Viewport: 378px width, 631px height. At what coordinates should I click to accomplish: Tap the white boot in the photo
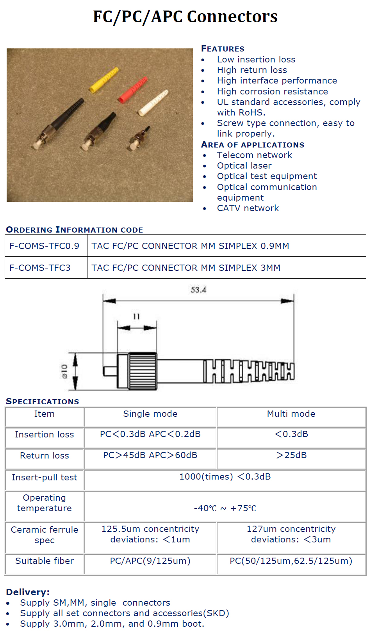click(153, 103)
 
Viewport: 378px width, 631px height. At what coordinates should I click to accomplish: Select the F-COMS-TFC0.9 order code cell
click(45, 246)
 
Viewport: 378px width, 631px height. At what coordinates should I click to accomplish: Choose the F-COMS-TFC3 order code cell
click(40, 268)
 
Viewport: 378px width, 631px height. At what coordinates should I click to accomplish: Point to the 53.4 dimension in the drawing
click(198, 290)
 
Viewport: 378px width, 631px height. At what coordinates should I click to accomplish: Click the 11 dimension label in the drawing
click(136, 316)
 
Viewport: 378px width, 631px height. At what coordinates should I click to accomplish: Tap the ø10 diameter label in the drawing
click(64, 371)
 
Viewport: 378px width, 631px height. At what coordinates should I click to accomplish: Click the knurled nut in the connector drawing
click(143, 371)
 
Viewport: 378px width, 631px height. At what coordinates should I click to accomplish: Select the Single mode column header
click(150, 414)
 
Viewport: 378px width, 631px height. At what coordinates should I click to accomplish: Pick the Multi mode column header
click(291, 414)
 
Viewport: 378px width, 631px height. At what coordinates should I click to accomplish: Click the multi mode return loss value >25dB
click(291, 455)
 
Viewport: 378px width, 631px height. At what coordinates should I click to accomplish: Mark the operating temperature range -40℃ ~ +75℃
click(225, 508)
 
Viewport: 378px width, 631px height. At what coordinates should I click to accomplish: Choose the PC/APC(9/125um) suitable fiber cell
click(150, 561)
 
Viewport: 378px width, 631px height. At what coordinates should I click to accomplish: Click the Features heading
click(223, 49)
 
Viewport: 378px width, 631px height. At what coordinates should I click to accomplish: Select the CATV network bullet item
click(248, 208)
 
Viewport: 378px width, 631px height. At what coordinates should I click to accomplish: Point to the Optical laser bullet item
click(244, 166)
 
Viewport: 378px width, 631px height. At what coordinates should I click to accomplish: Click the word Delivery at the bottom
click(28, 592)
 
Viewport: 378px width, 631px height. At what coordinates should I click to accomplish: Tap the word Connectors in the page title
click(232, 17)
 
